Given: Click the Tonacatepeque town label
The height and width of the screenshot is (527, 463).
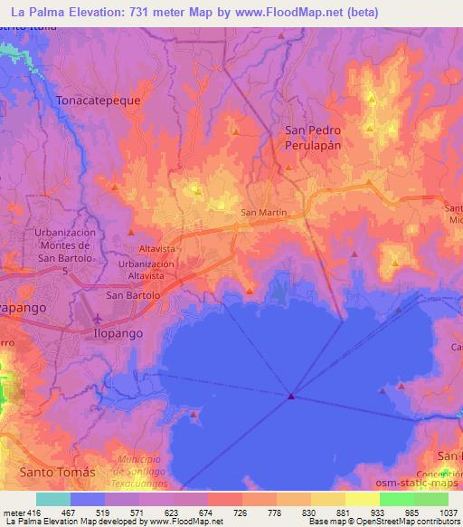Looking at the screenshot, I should point(99,101).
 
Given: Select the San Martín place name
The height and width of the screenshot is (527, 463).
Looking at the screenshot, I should point(264,213).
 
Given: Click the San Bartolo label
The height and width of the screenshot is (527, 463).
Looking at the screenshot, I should point(133,295).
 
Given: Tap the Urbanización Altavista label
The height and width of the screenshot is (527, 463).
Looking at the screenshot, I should point(146,269).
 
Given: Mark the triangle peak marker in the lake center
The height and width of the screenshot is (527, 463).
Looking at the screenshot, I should point(291,396).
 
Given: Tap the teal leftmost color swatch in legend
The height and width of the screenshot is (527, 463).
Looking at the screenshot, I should point(53,499).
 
